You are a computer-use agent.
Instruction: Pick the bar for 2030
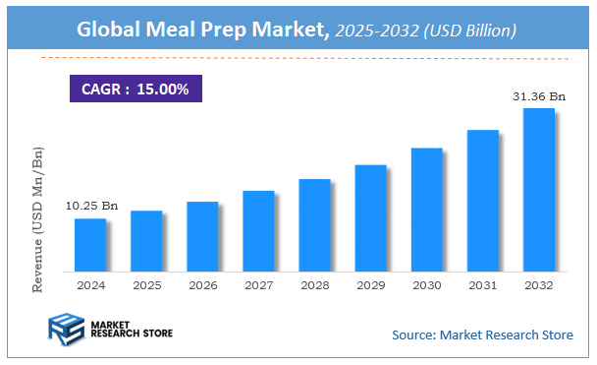tap(426, 210)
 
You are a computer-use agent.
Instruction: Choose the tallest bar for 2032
tap(539, 189)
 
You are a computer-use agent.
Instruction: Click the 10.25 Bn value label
tap(91, 206)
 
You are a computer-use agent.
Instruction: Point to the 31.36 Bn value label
tap(539, 95)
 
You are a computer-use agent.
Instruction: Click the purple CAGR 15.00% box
tap(135, 88)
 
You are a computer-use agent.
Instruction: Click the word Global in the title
tap(113, 30)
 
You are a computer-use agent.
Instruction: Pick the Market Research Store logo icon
tap(67, 331)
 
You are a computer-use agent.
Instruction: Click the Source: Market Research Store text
tap(482, 335)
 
